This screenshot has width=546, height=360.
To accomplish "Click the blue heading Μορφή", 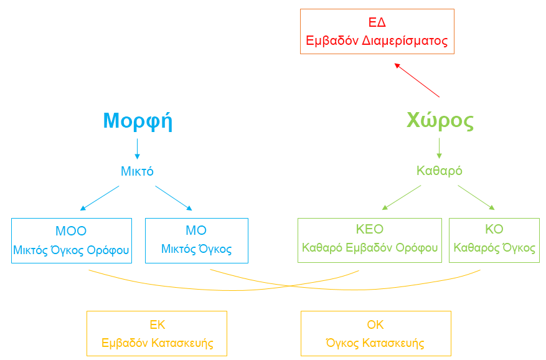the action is click(x=138, y=121).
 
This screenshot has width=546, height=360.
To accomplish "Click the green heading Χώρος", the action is click(x=440, y=120).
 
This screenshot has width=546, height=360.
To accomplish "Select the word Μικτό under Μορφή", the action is click(x=137, y=171).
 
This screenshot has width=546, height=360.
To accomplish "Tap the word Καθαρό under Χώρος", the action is click(x=440, y=171).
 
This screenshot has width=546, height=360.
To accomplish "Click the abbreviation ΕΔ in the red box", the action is click(x=377, y=22).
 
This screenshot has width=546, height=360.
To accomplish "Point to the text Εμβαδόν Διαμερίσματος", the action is click(x=377, y=40).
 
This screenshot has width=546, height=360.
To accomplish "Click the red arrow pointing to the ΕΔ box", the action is click(x=417, y=80).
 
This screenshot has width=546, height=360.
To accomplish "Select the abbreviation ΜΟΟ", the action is click(x=71, y=230).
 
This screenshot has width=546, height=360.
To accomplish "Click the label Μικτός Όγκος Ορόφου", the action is click(x=71, y=250).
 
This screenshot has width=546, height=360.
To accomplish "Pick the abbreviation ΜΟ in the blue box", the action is click(x=196, y=230).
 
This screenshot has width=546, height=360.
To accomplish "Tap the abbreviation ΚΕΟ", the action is click(x=369, y=229).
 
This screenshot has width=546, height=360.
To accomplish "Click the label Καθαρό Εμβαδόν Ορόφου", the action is click(x=369, y=248).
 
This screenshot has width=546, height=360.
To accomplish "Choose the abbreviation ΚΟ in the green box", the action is click(x=494, y=229).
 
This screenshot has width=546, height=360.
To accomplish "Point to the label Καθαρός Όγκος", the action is click(x=494, y=248).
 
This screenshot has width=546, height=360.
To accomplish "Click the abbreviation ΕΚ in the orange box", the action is click(x=158, y=324).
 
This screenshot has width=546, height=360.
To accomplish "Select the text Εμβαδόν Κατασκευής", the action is click(x=158, y=343).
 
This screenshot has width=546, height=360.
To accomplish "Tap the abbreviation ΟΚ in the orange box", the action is click(x=375, y=324).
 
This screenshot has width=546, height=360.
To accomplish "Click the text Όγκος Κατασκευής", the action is click(x=375, y=343).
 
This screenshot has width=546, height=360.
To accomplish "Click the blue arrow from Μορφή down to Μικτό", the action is click(x=137, y=149).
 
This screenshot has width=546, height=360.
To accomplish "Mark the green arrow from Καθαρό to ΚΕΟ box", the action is click(x=402, y=197).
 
